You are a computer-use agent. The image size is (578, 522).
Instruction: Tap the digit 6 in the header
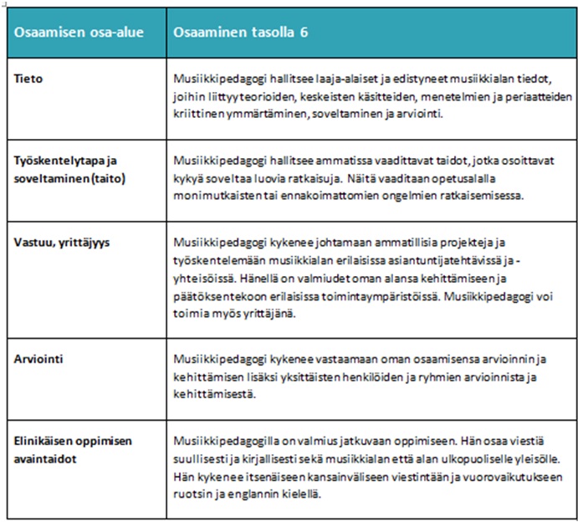click(x=304, y=33)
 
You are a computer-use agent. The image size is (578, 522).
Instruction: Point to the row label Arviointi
click(x=39, y=361)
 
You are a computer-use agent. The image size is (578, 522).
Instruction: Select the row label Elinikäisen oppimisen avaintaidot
click(x=73, y=448)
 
